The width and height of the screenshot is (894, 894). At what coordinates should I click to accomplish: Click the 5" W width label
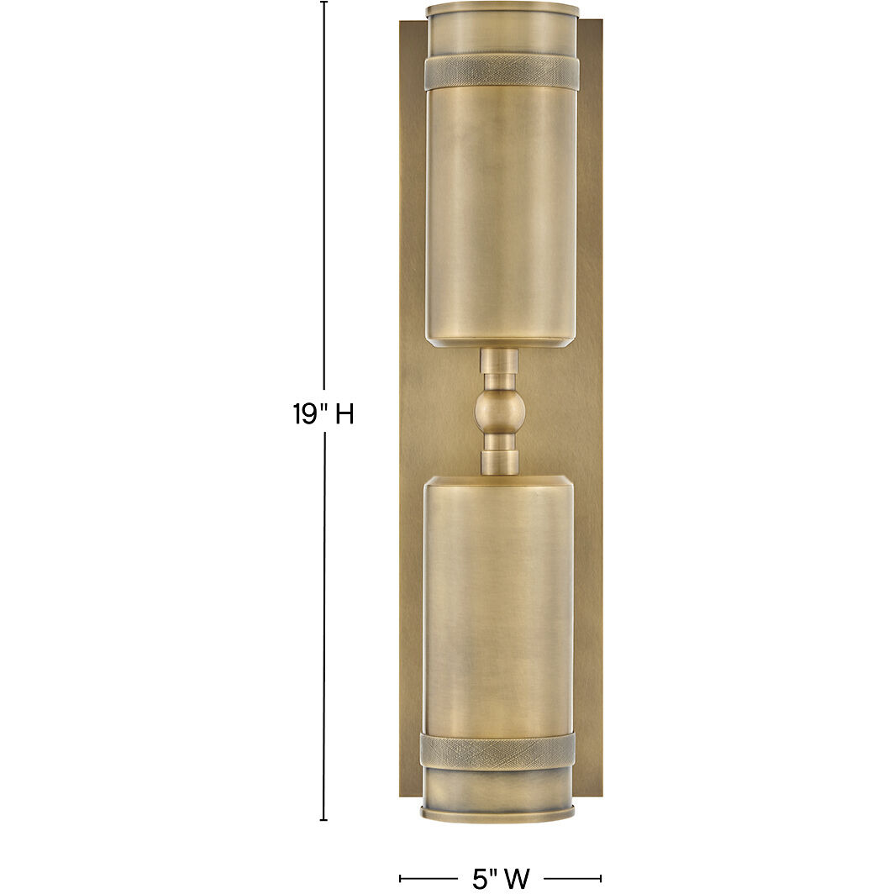[501, 879]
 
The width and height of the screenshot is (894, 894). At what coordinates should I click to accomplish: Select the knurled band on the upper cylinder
[502, 72]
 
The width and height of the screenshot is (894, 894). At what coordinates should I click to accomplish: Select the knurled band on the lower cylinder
[497, 752]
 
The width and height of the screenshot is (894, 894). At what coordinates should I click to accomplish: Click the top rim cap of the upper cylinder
[502, 10]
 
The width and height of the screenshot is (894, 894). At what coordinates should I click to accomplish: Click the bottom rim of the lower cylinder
[498, 812]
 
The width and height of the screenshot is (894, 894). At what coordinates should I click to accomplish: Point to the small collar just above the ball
[499, 363]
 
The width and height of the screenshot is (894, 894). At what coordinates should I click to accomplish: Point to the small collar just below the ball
[499, 461]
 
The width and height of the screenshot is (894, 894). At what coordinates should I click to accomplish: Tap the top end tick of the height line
[324, 3]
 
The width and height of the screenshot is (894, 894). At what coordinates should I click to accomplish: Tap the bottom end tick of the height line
[324, 820]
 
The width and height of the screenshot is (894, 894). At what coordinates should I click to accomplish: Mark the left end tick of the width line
[400, 879]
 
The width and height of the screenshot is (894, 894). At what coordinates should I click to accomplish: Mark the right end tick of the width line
[601, 879]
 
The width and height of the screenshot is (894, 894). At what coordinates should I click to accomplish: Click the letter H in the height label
[344, 414]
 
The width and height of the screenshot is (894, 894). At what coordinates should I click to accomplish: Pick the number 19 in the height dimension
[303, 414]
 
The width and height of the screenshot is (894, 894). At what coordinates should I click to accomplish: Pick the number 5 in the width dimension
[480, 879]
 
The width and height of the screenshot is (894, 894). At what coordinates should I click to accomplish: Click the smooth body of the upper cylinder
[502, 210]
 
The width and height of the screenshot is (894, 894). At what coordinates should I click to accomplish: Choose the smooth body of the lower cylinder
[498, 605]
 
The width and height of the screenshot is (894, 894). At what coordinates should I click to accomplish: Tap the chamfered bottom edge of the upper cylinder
[501, 341]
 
